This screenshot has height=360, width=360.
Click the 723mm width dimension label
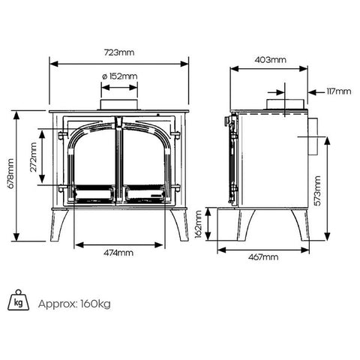[119, 52]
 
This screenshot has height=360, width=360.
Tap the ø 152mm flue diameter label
[119, 76]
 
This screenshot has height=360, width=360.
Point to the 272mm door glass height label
[33, 157]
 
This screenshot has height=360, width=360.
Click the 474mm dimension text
[118, 253]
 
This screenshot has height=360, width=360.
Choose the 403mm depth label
[271, 60]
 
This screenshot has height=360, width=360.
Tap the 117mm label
[339, 91]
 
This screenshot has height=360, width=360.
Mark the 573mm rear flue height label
[317, 190]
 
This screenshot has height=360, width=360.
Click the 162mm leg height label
[198, 224]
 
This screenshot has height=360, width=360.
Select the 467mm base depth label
[263, 257]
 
